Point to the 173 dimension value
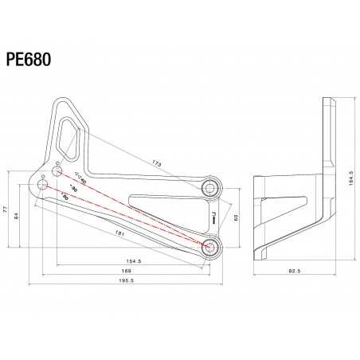(156, 162)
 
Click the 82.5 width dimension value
(294, 271)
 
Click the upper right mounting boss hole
(211, 187)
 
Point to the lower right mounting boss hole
(211, 246)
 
